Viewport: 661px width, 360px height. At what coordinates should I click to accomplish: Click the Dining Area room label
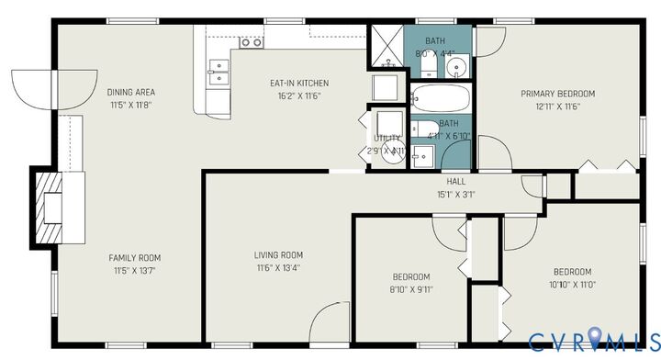click(x=130, y=92)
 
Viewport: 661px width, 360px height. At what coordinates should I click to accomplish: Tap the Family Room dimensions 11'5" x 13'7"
click(x=135, y=270)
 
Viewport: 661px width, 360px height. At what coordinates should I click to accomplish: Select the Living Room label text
click(x=278, y=255)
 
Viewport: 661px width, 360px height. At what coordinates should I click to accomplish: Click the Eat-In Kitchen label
click(x=298, y=84)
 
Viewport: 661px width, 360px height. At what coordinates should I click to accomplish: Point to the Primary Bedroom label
click(x=557, y=94)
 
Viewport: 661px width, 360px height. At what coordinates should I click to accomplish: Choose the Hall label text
click(x=456, y=182)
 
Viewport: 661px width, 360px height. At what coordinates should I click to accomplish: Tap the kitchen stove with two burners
click(x=251, y=42)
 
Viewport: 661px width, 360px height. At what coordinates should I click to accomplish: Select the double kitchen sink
click(x=219, y=72)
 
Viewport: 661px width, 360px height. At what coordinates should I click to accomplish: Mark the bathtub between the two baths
click(x=440, y=97)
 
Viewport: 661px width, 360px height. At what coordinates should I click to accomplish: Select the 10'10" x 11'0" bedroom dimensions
click(x=571, y=285)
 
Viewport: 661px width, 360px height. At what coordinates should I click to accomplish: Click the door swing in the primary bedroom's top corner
click(x=489, y=41)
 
